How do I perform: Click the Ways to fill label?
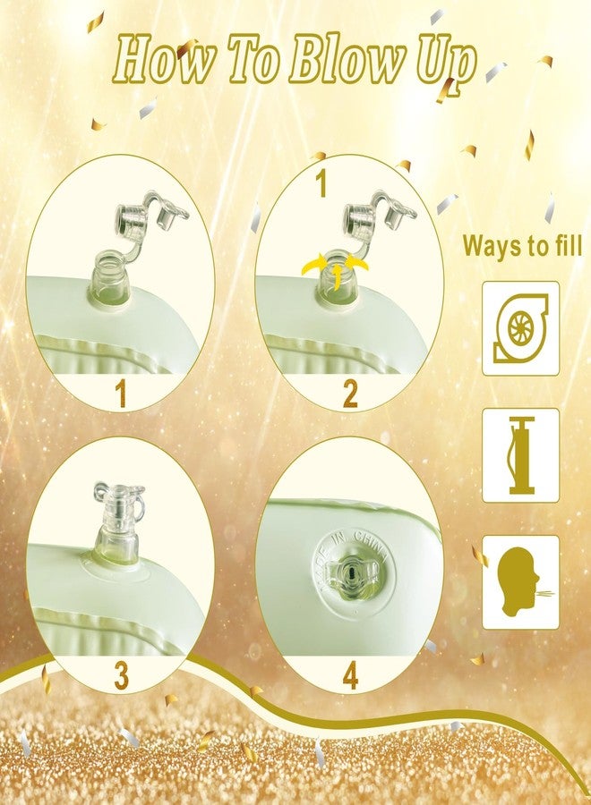[x=522, y=245]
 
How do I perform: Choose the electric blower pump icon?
[x=520, y=328]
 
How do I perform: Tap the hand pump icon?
[x=520, y=455]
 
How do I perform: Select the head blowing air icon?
[x=520, y=582]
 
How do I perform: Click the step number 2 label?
[x=350, y=394]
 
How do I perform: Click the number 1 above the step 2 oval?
[x=322, y=183]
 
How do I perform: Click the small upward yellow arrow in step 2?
[x=336, y=276]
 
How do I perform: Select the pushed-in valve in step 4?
[x=352, y=572]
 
